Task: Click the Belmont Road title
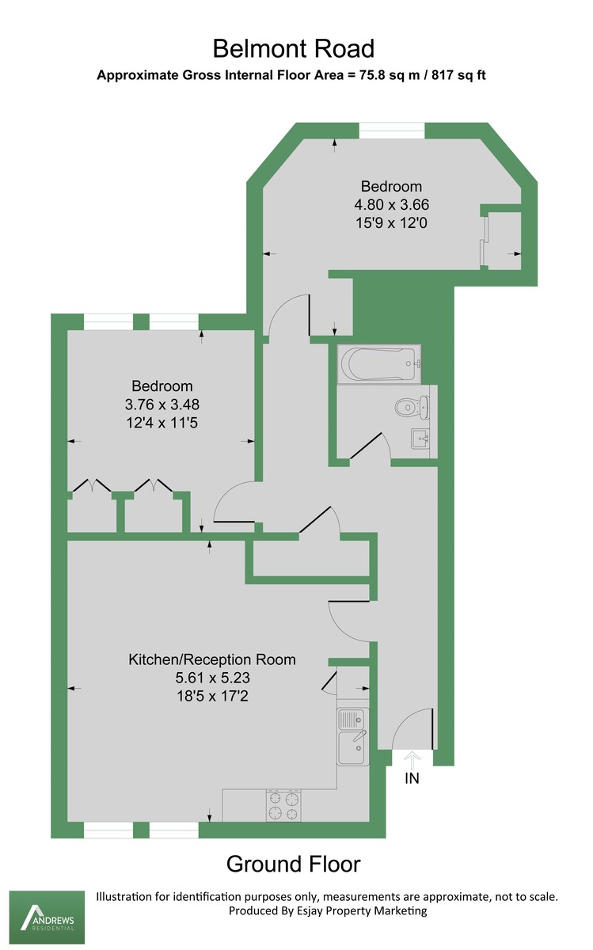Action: (293, 49)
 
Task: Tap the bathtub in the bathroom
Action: (378, 365)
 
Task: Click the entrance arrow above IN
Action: (412, 757)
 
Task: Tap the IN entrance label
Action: (412, 778)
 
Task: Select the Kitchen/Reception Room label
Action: (212, 659)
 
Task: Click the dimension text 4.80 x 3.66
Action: (391, 204)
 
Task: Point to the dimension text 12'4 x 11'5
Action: (162, 423)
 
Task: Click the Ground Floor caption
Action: (293, 864)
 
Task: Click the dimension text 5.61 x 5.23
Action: (212, 678)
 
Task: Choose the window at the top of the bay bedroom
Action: (391, 131)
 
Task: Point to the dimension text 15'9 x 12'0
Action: (391, 222)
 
